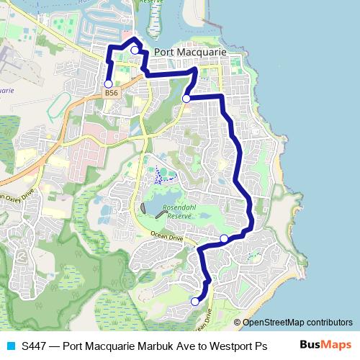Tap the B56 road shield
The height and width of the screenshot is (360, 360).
110,93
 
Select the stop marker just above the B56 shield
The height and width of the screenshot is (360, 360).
109,84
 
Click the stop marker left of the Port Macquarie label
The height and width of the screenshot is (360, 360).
135,50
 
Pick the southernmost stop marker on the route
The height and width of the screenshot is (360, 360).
194,301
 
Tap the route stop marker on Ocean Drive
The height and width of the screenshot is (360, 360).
223,238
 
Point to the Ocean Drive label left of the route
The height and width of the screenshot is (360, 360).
167,238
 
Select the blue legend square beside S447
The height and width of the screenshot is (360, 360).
10,346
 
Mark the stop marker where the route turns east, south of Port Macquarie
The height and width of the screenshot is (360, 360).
186,99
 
